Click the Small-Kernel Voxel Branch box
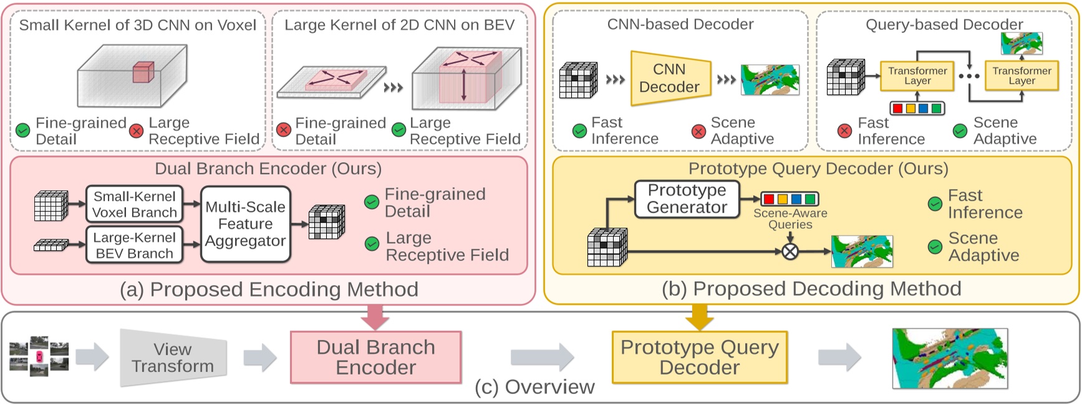coord(134,204)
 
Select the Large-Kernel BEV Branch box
coord(134,245)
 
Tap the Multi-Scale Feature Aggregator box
coord(246,224)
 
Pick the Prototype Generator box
coord(687,199)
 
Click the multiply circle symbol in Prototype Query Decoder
coord(790,251)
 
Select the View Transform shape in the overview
coord(173,358)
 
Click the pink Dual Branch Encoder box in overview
coord(375,357)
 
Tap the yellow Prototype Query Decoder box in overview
coord(700,357)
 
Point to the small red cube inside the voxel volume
coord(143,72)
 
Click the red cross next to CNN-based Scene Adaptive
coord(698,131)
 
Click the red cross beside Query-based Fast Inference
coord(844,131)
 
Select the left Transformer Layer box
coord(917,76)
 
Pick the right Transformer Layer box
coord(1022,76)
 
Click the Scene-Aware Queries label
coord(790,219)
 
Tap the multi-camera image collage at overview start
coord(39,357)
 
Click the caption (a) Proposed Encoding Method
coord(269,290)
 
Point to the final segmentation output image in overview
coord(949,358)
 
